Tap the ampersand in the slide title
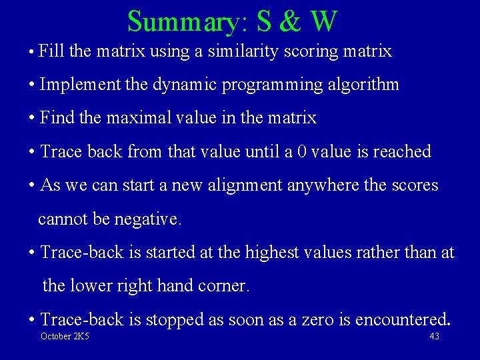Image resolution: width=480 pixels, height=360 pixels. [x=291, y=21]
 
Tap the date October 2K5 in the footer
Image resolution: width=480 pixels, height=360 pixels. [x=65, y=337]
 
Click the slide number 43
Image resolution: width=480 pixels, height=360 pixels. [x=434, y=337]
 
